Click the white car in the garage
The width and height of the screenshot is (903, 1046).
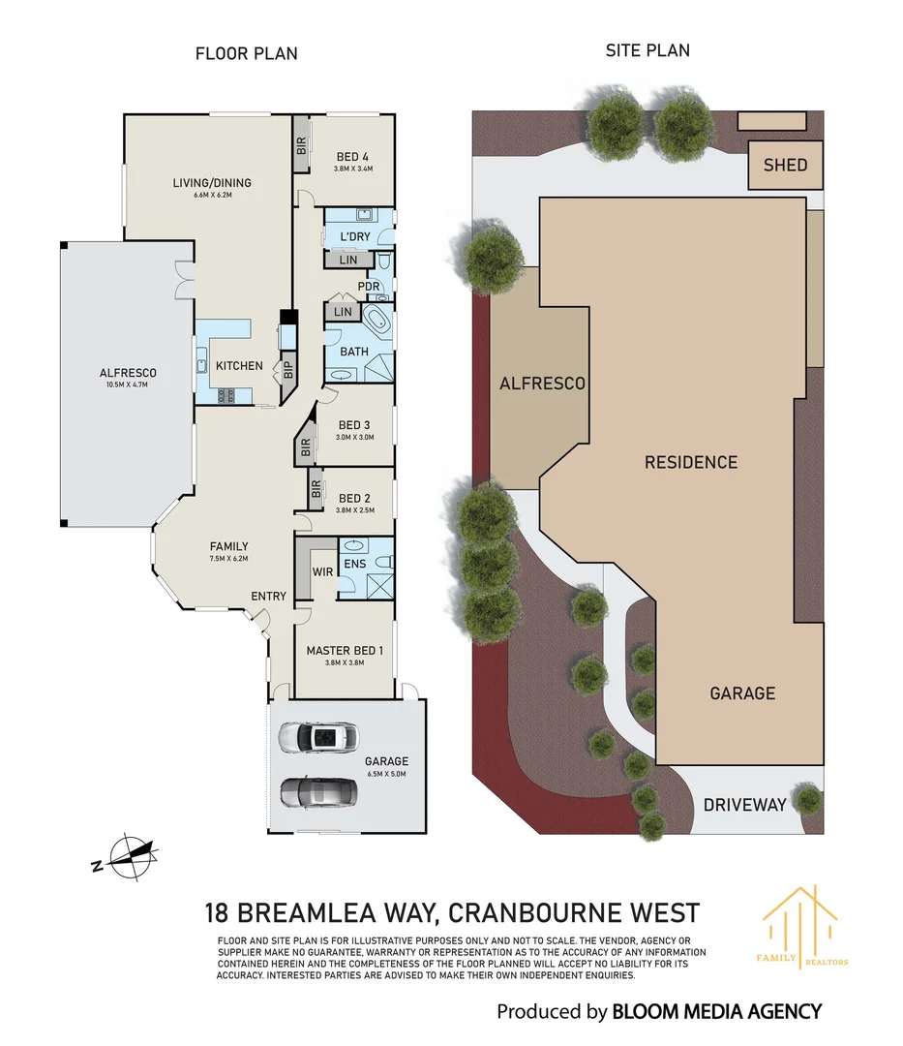(x=317, y=738)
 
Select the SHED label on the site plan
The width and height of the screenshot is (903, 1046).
(x=785, y=165)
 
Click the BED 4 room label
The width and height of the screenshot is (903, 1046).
(x=352, y=157)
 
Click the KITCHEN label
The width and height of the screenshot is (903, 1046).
(x=239, y=365)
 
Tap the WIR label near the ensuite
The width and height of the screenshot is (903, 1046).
(x=322, y=571)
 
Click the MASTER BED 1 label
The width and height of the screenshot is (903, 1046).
(x=345, y=651)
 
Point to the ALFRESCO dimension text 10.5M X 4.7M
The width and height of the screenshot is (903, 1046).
(x=128, y=385)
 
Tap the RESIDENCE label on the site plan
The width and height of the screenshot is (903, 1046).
(x=691, y=462)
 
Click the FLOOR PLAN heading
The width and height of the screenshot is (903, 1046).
(x=247, y=53)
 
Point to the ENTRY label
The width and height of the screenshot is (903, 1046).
(x=268, y=596)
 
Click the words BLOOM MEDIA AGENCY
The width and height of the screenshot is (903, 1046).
(x=716, y=1012)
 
